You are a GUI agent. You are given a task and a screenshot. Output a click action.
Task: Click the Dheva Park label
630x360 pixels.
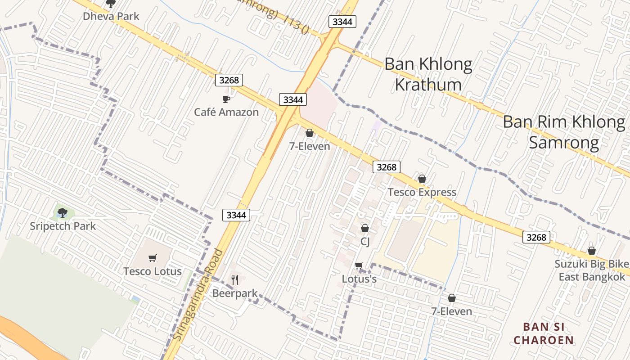click(111, 16)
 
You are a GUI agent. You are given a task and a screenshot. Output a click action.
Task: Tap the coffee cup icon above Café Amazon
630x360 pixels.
click(226, 99)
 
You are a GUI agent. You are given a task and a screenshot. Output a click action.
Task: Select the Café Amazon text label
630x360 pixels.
click(226, 112)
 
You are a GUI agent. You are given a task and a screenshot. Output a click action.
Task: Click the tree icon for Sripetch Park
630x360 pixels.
click(63, 212)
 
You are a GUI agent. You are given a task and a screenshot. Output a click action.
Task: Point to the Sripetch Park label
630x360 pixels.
click(63, 226)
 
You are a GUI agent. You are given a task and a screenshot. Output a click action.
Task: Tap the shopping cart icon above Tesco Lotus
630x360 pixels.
click(153, 258)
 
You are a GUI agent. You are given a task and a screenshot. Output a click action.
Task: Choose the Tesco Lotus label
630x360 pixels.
click(153, 271)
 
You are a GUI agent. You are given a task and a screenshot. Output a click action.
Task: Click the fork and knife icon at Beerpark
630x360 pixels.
click(235, 280)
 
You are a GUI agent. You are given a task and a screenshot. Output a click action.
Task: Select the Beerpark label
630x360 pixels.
click(235, 293)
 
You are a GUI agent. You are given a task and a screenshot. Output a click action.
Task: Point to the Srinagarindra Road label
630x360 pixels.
click(198, 295)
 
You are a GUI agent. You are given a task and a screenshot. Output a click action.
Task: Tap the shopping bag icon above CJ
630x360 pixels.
click(365, 229)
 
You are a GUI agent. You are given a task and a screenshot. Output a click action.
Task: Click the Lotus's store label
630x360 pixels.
click(359, 279)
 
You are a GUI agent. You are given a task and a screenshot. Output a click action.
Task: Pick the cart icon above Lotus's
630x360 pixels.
click(359, 266)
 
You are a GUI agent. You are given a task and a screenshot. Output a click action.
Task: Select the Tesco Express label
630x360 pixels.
click(422, 192)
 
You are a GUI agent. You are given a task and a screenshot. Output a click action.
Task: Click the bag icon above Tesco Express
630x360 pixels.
click(422, 179)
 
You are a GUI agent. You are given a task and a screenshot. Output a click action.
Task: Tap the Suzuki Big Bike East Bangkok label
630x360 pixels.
click(592, 270)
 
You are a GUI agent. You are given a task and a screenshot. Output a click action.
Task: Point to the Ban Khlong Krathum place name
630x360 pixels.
click(428, 74)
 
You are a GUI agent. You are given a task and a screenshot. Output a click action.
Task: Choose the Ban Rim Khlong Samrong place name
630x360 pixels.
click(564, 132)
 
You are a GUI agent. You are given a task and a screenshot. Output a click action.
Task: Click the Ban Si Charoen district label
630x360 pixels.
click(544, 333)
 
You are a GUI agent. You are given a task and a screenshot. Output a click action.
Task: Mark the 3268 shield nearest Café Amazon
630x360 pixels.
click(229, 80)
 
